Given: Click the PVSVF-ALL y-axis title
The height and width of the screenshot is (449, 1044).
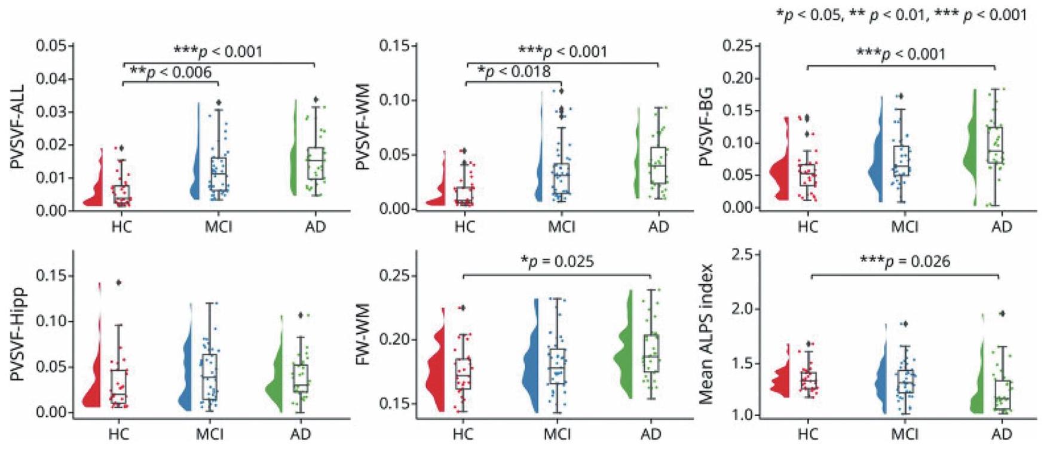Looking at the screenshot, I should (x=18, y=127).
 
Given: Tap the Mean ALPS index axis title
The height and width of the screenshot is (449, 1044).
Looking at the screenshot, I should (x=706, y=333).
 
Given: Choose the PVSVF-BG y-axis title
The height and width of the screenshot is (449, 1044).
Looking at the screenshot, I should (x=706, y=127).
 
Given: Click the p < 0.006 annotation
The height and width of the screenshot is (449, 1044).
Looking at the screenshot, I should (x=171, y=73).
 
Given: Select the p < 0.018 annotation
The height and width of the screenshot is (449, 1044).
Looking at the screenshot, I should (x=514, y=72).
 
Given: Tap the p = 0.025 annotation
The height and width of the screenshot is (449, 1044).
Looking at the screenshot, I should (x=557, y=262).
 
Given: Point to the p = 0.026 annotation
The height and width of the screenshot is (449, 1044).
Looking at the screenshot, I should (x=905, y=262).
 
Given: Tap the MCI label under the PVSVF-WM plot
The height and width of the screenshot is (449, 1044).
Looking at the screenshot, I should (x=562, y=227).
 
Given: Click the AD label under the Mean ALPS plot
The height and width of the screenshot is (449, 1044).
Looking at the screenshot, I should (x=1002, y=433).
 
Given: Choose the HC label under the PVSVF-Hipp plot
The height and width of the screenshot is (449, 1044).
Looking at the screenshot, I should (x=120, y=433).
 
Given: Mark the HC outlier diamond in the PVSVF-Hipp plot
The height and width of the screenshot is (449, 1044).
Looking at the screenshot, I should (x=118, y=283).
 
